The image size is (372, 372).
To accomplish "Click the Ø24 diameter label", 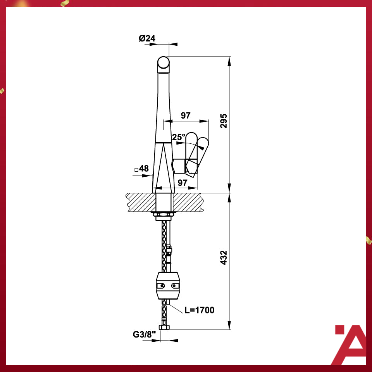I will coord(147,38).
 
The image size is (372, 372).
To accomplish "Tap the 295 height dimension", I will coord(223,121).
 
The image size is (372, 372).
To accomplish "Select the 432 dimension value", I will coord(224,258).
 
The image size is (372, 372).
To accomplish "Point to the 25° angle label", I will coord(179,137).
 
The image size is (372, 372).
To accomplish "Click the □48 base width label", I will coord(141,169).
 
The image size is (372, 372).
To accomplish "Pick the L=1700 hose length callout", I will coord(199,310).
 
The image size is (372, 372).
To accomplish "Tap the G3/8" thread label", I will coord(144,334).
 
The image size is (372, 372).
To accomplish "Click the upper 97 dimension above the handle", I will coord(186,115).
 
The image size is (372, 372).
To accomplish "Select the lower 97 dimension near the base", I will coord(183,183).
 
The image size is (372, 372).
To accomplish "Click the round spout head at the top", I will coord(164,64).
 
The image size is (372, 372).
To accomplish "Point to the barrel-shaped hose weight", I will coord(167,286).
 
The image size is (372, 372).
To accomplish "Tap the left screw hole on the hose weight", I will coord(160,286).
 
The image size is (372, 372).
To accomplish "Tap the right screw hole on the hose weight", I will coord(175,286).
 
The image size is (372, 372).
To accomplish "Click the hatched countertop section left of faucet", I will coord(141,202).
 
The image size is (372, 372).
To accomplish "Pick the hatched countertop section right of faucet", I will coord(188,202).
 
